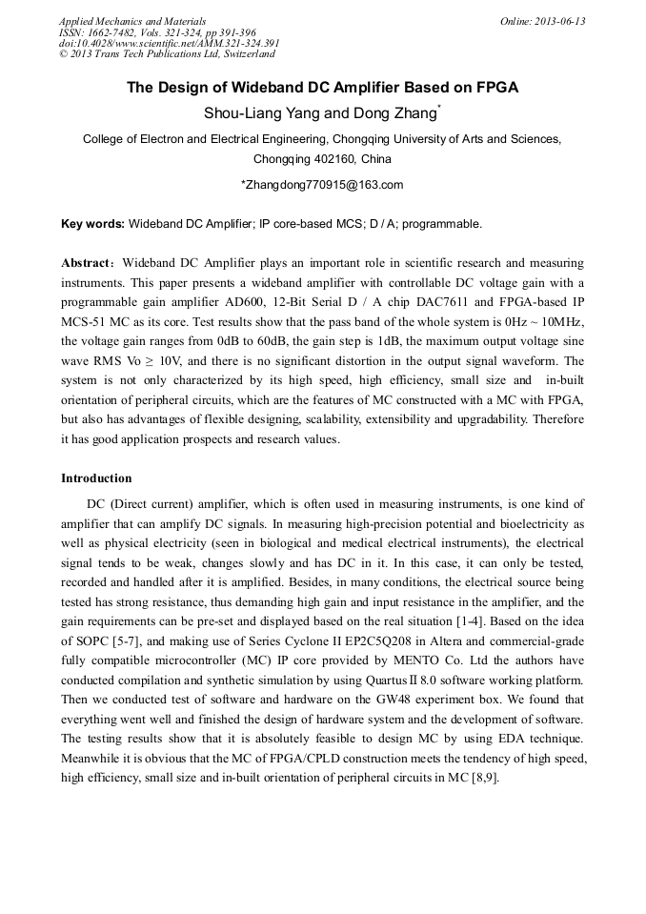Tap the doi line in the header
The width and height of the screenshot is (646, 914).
169,43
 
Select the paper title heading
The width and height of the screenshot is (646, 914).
322,88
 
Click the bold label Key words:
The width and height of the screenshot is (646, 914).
92,225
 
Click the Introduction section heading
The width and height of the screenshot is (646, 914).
96,478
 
